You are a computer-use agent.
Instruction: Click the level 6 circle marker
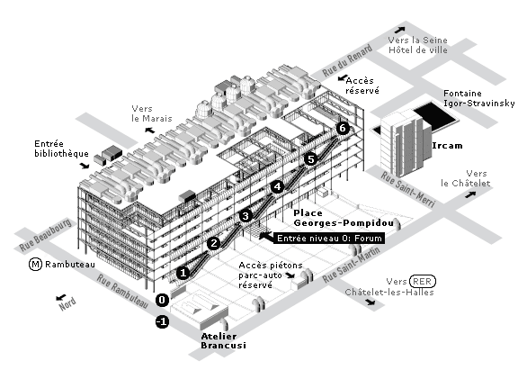343,128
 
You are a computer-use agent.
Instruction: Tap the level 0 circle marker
162,300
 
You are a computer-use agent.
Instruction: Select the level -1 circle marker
162,321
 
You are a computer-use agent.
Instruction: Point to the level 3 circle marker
246,216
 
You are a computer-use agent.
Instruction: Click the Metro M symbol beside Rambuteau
35,265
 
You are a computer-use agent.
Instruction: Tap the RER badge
422,282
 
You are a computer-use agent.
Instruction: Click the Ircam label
447,146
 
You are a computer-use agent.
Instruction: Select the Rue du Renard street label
347,61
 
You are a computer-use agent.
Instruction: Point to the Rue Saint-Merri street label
407,189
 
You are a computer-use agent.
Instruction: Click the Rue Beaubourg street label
45,235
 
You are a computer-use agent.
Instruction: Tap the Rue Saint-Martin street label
352,265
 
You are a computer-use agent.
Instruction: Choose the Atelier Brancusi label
223,341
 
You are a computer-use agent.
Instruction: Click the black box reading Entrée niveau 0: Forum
329,239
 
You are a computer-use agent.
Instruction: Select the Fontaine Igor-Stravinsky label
478,98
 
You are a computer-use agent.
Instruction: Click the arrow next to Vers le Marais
150,130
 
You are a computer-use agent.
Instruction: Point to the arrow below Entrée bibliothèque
85,166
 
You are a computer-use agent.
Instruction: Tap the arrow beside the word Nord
61,297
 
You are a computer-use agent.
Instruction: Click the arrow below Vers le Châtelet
470,194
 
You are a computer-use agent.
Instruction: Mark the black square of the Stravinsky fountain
436,115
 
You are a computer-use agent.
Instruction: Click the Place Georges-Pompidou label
344,218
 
